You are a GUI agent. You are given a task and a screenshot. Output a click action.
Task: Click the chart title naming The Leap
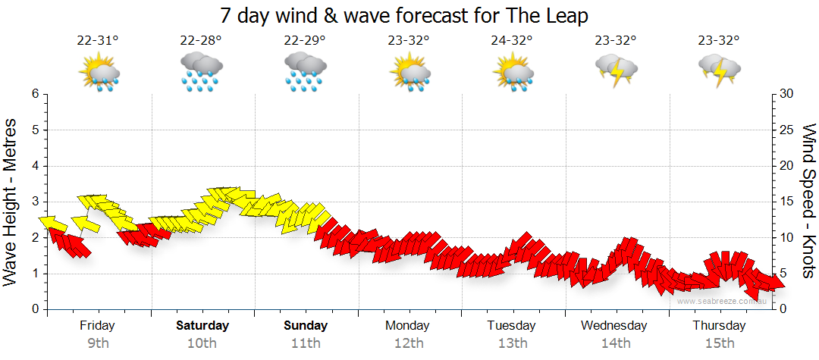[x=404, y=15]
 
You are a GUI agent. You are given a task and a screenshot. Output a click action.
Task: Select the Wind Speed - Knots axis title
[x=808, y=202]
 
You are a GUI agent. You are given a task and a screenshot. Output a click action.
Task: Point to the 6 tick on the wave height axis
[x=34, y=94]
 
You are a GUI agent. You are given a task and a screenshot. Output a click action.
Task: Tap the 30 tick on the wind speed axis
[x=787, y=94]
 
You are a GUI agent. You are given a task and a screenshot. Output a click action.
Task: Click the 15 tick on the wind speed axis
[x=787, y=202]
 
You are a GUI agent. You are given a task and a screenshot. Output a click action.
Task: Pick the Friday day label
[x=98, y=326]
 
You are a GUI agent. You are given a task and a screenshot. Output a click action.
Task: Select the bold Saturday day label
[x=202, y=326]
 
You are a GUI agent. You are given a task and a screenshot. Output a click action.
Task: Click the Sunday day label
[x=306, y=326]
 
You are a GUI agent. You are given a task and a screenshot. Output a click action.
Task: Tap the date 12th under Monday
[x=409, y=343]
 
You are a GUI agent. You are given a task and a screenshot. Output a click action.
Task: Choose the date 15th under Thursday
[x=720, y=343]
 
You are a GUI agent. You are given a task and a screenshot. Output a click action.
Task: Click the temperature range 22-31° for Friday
[x=99, y=41]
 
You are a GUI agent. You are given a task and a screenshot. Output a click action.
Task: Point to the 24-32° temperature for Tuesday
[x=512, y=41]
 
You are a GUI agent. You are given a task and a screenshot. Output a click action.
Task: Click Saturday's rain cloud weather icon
[x=201, y=72]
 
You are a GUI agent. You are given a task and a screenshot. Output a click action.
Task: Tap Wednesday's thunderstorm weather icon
[x=616, y=70]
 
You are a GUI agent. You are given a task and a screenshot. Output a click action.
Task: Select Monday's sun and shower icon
[x=409, y=73]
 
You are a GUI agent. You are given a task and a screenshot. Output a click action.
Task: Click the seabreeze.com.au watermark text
[x=723, y=301]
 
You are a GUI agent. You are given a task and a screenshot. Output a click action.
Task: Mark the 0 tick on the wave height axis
[x=34, y=309]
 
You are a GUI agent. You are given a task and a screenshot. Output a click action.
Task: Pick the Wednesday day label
[x=614, y=326]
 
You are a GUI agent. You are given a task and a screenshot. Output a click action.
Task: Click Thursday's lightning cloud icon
[x=718, y=70]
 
